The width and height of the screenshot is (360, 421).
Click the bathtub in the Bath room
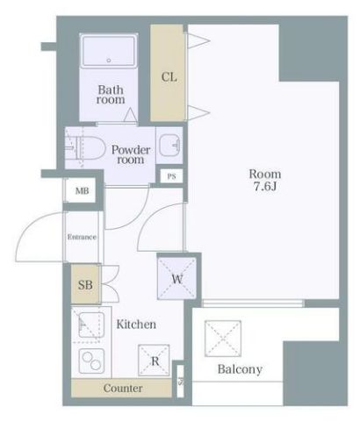point(109,51)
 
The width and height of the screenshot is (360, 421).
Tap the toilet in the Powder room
point(86,147)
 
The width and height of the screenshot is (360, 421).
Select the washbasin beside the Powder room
point(169,145)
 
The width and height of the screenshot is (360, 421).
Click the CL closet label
point(169,77)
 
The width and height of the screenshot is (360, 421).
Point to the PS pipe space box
point(172,176)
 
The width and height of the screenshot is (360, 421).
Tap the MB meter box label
point(82,191)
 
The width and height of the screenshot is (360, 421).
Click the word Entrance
point(82,237)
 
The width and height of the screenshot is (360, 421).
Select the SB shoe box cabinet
point(85,284)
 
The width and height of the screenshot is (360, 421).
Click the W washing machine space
point(176,278)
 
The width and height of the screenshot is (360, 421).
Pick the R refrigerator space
point(154,360)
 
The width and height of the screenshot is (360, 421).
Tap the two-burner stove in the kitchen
point(91,360)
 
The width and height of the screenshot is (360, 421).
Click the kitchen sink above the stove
point(91,325)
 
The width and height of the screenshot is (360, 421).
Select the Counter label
point(123,389)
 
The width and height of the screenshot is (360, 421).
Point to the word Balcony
point(240,369)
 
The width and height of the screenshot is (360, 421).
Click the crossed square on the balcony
point(223,339)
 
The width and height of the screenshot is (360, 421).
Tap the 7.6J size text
point(265,187)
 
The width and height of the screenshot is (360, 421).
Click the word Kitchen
point(136,325)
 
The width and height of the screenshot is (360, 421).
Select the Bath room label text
point(111,95)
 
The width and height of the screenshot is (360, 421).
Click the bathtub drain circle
point(109,61)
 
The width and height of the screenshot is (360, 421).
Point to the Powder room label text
point(131,154)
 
